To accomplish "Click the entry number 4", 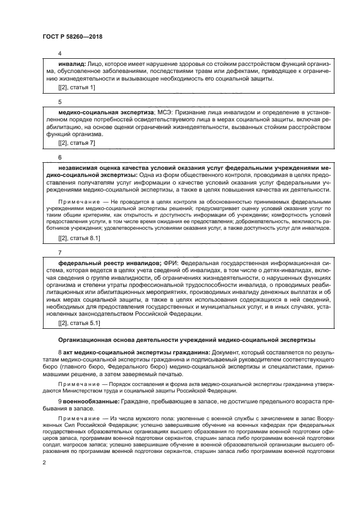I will point(60,53).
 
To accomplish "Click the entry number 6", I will point(60,157).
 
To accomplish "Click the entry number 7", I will point(60,253).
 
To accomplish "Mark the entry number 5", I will point(60,101).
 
